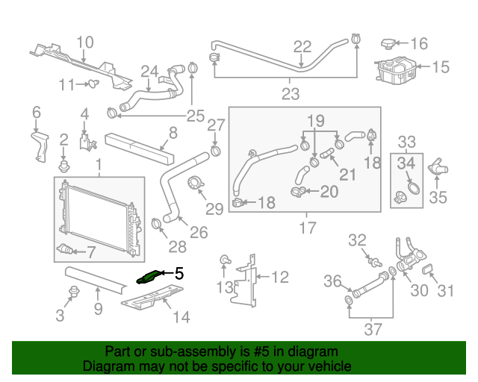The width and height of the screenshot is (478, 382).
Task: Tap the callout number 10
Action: coord(84,43)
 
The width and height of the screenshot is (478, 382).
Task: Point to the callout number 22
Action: coord(302,47)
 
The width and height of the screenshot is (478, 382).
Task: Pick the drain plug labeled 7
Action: coord(66,248)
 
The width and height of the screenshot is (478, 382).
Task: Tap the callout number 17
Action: coord(307,228)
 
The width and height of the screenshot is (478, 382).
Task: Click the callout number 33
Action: coord(407,142)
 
